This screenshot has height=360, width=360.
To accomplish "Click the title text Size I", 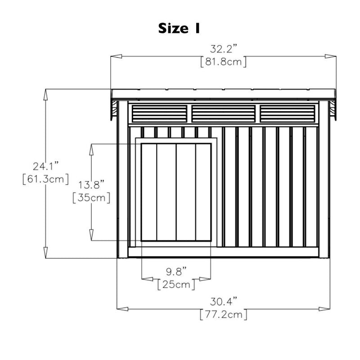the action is click(x=179, y=28).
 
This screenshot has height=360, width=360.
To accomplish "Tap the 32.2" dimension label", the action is click(x=223, y=49).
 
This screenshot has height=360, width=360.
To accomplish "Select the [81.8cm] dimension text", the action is click(x=223, y=62).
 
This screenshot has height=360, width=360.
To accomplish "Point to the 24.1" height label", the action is click(x=46, y=166).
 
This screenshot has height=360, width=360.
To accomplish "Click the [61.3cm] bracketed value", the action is click(x=46, y=179).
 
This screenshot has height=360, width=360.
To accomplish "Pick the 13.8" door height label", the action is click(x=91, y=185).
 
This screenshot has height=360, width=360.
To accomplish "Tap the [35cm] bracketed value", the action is click(x=91, y=198).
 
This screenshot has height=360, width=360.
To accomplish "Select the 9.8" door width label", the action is click(x=176, y=272).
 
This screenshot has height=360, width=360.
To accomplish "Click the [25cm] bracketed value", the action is click(x=176, y=285).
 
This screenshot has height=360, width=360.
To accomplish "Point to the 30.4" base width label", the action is click(x=223, y=301).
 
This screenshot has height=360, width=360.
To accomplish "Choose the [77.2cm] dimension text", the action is click(x=223, y=315).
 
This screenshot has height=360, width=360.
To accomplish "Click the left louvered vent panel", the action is click(x=159, y=114).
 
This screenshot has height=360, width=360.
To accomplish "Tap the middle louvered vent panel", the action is click(x=223, y=114).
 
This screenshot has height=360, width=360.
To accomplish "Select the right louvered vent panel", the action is click(x=288, y=114).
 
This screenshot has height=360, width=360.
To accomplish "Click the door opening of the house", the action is click(x=176, y=192).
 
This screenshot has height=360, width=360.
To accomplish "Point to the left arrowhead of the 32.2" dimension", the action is click(x=116, y=56).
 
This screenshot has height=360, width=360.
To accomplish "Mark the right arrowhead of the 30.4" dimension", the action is click(x=324, y=309).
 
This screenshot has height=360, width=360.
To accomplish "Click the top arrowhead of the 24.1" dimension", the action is click(x=45, y=94).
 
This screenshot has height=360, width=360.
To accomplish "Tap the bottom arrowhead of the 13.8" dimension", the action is click(x=91, y=235).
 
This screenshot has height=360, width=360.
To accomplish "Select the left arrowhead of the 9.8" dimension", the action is click(x=148, y=279).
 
